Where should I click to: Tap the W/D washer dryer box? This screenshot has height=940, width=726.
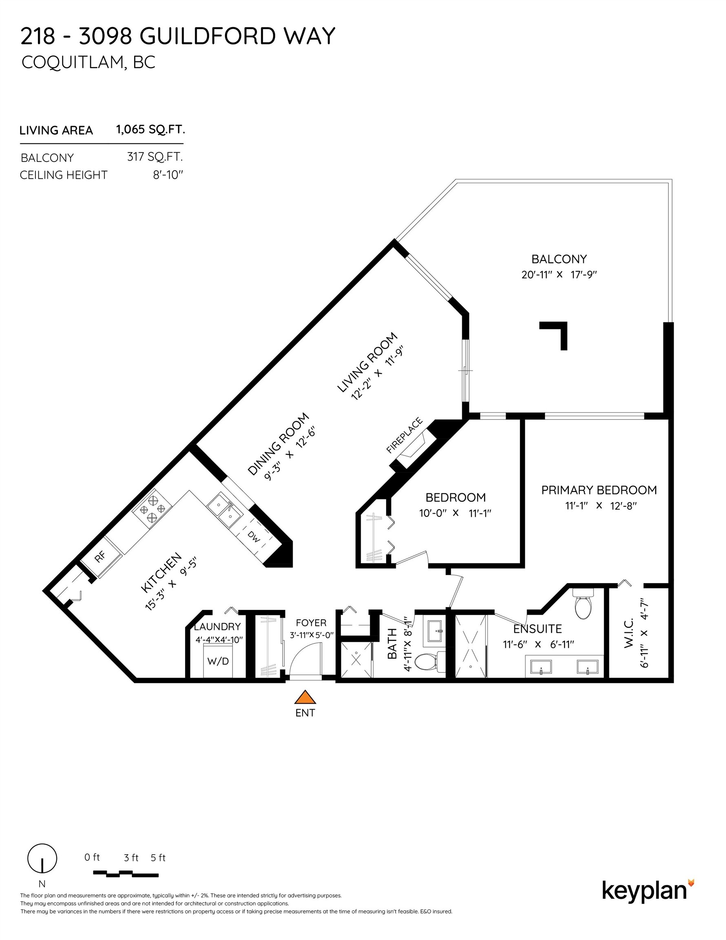(x=218, y=661)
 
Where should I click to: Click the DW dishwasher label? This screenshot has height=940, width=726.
(x=254, y=537)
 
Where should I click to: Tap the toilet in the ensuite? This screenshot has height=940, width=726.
(x=583, y=604)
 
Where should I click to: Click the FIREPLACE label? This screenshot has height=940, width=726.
(x=404, y=435)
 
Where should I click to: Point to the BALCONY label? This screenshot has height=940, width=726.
(x=559, y=259)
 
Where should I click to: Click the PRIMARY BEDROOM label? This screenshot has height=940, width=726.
(x=599, y=490)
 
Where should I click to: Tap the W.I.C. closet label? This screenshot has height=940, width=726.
(x=629, y=633)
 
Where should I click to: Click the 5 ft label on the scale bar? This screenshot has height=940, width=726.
(x=158, y=858)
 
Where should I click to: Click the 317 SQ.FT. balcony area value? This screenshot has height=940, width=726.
(x=155, y=157)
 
